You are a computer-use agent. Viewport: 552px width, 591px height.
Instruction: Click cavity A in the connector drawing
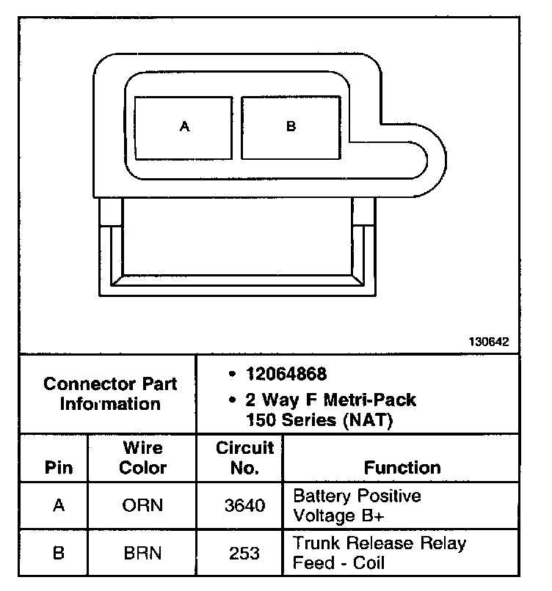click(184, 126)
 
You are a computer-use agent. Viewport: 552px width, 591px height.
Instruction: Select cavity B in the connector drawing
click(291, 126)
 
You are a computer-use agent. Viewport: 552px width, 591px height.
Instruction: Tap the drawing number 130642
click(489, 342)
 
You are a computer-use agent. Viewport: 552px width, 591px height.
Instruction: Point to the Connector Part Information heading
click(110, 394)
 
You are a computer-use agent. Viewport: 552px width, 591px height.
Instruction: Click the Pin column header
click(59, 468)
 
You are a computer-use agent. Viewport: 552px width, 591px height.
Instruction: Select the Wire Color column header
click(143, 458)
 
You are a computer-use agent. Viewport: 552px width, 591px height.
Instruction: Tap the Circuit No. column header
click(244, 458)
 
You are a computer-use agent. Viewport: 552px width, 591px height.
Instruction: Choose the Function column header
click(402, 468)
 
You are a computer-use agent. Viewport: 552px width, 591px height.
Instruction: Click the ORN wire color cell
click(143, 506)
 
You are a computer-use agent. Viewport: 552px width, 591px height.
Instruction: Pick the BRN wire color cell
click(143, 554)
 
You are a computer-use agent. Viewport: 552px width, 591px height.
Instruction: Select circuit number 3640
click(244, 506)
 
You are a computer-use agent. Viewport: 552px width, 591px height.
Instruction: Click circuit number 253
click(244, 554)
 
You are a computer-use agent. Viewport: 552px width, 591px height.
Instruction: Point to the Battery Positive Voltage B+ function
click(357, 506)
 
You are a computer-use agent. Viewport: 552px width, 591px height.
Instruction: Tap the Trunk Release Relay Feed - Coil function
click(379, 554)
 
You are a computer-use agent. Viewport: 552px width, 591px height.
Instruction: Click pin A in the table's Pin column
click(59, 506)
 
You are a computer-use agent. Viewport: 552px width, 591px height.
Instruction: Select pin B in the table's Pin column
click(59, 554)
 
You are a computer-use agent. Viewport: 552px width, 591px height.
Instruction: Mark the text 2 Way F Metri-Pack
click(331, 400)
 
